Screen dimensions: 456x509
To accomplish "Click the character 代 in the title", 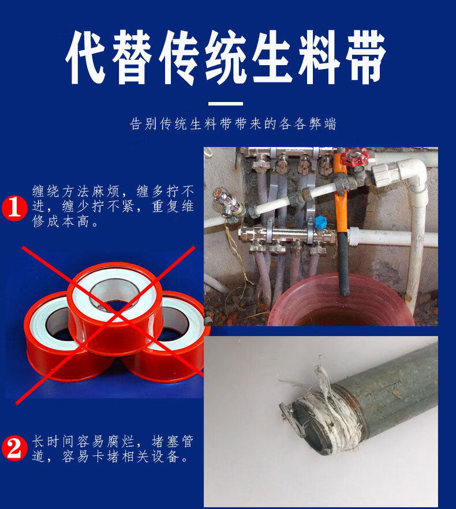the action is coord(86,58).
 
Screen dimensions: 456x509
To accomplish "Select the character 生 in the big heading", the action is coord(272,58).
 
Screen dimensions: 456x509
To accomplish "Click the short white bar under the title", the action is coord(226,104).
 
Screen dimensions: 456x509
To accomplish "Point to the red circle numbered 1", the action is coord(15,208).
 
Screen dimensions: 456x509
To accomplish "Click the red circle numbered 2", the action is coord(15,449).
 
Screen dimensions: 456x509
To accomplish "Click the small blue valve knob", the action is coord(320,221).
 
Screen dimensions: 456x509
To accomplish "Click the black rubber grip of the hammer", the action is coord(342,263).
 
